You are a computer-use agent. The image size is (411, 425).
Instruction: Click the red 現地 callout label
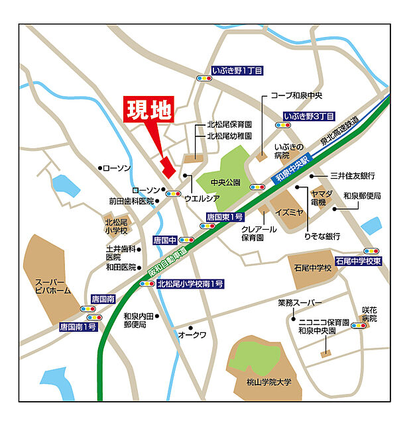(x=148, y=110)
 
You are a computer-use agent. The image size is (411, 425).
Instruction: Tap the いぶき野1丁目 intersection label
(x=237, y=70)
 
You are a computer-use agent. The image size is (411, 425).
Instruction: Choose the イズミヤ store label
(x=291, y=212)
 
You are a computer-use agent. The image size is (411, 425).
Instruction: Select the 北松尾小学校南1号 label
(x=190, y=284)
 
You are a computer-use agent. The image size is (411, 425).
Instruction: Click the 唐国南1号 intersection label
(x=79, y=326)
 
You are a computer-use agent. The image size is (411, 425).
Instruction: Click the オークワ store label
(x=192, y=335)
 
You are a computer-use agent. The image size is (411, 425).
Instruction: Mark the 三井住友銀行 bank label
(x=353, y=175)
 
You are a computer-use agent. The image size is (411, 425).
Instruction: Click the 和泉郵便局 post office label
(x=363, y=197)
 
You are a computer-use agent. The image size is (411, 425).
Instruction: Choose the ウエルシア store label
(x=202, y=198)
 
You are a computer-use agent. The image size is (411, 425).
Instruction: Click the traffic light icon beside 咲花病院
(x=358, y=326)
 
